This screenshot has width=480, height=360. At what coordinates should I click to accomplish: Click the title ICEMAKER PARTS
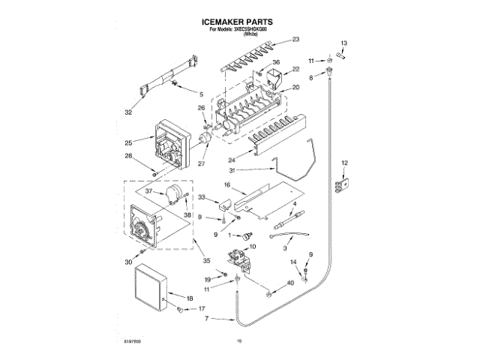click(x=239, y=22)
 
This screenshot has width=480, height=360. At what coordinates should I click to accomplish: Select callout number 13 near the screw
click(x=345, y=43)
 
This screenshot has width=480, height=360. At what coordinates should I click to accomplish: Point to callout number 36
click(x=276, y=62)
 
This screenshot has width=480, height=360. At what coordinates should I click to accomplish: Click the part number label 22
click(x=295, y=69)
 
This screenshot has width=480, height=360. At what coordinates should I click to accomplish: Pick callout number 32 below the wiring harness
click(x=128, y=112)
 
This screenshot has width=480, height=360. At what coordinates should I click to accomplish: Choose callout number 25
click(x=128, y=142)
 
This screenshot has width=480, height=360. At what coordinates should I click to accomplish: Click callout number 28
click(x=128, y=156)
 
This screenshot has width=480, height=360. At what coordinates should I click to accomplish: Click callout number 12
click(x=345, y=163)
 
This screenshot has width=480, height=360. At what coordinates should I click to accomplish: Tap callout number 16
click(x=226, y=184)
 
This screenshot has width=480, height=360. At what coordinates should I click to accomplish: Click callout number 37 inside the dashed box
click(x=149, y=191)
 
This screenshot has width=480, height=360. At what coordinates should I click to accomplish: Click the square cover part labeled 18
click(x=148, y=291)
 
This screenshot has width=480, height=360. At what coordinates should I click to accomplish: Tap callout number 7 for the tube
click(x=206, y=320)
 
